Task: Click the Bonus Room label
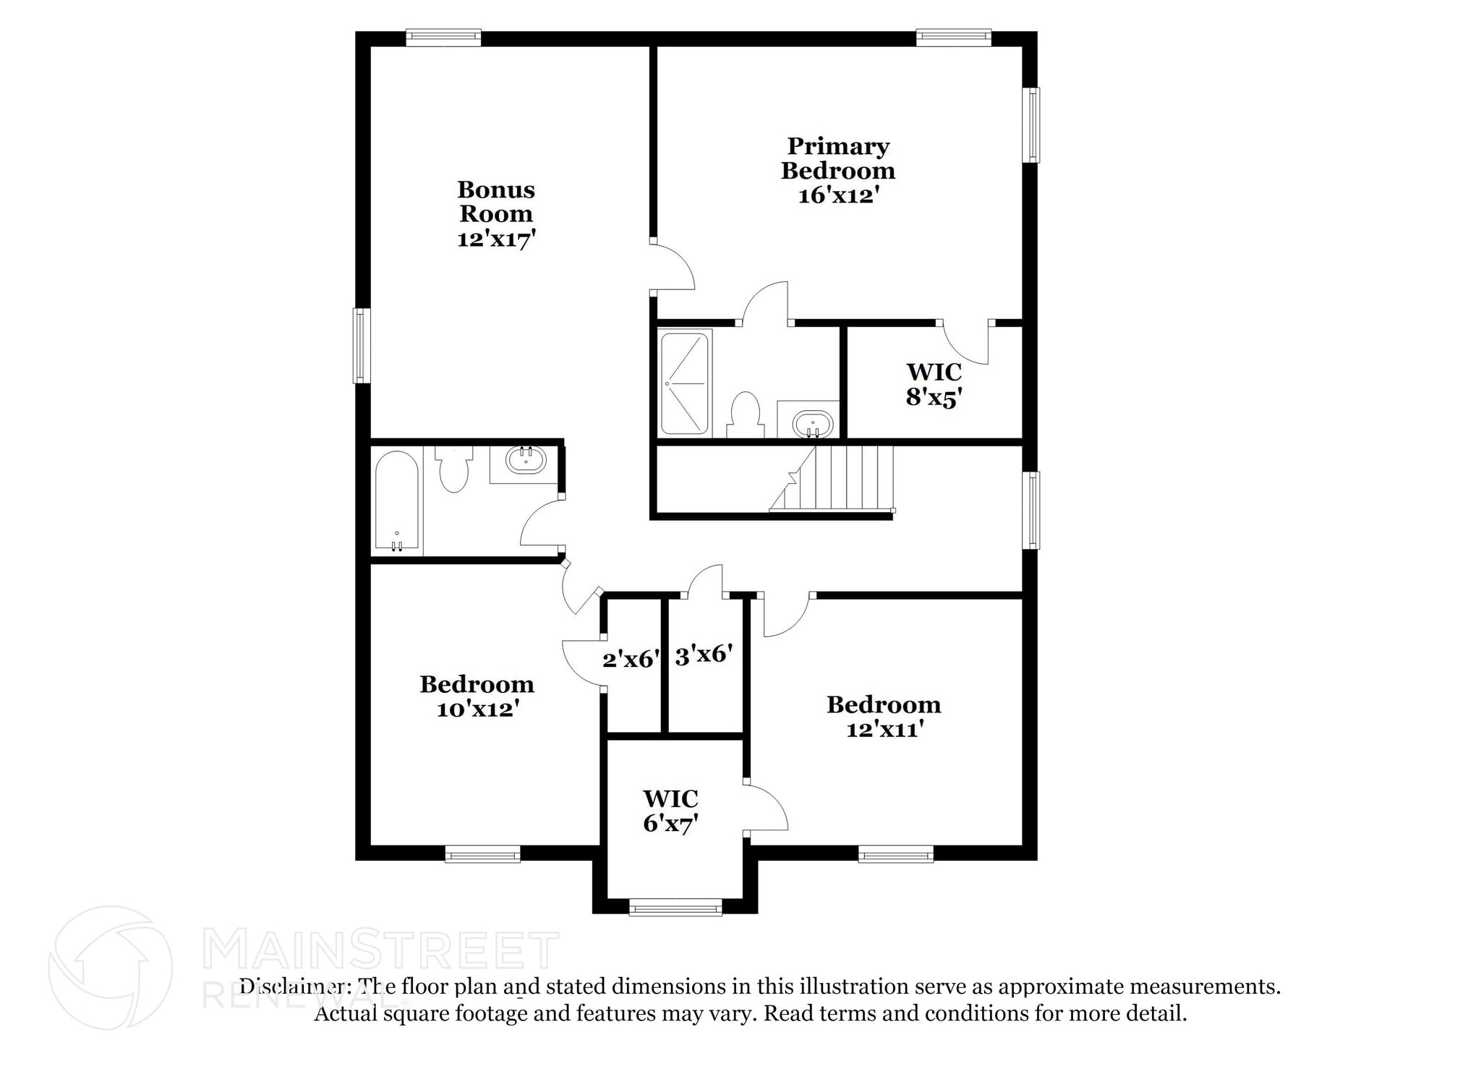496,202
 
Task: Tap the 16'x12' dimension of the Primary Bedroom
838,196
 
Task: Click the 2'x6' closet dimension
631,659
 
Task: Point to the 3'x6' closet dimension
704,655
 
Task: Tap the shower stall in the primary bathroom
684,383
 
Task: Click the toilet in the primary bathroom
745,414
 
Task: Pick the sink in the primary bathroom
812,423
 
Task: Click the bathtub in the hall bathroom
396,501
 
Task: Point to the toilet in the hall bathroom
453,469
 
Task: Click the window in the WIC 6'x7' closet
675,907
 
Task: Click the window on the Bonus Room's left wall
362,345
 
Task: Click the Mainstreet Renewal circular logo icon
110,968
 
